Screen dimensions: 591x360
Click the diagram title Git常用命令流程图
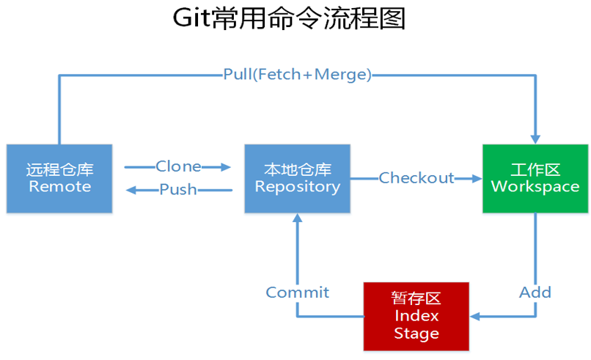(x=289, y=18)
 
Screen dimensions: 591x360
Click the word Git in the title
(x=191, y=18)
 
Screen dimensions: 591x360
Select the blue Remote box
(x=59, y=178)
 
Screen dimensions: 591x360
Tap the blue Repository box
(x=298, y=178)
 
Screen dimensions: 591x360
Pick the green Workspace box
(x=535, y=178)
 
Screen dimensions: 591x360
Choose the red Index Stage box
(x=416, y=316)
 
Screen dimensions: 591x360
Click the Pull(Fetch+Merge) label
(x=298, y=74)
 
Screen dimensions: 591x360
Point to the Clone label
(x=178, y=166)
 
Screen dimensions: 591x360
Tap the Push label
(x=178, y=189)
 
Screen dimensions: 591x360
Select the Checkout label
(x=416, y=178)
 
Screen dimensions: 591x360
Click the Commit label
(x=298, y=293)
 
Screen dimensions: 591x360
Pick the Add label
(x=535, y=293)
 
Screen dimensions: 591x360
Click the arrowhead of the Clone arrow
(x=226, y=166)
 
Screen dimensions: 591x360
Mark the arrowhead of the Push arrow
(x=131, y=190)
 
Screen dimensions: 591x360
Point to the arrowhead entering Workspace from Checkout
(x=477, y=178)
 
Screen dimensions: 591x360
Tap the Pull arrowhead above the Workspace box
(x=535, y=139)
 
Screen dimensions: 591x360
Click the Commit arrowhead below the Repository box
(x=298, y=218)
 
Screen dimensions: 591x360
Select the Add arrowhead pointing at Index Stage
(x=475, y=316)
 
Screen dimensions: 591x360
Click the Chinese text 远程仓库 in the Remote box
(x=59, y=169)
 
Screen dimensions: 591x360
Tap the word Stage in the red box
(x=416, y=334)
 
